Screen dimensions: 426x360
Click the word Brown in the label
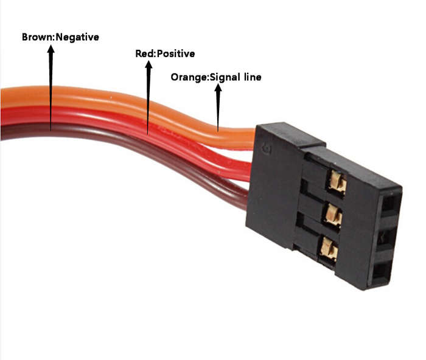38,37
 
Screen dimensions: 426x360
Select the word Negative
77,38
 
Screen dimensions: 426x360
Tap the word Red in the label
145,54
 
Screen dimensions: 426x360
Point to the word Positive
176,54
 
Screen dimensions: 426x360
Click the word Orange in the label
189,77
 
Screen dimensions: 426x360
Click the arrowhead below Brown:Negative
51,49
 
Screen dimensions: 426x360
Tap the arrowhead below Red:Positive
148,64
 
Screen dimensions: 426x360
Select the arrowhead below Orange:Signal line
218,88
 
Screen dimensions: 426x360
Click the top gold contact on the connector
337,181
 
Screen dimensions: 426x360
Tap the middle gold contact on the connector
332,215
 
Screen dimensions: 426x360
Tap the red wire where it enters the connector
246,171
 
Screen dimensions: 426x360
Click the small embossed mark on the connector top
265,148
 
